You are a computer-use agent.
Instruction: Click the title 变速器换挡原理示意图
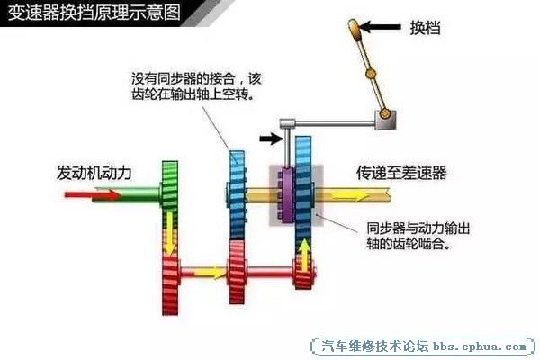coord(94,13)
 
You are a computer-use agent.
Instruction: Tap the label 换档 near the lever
coord(425,27)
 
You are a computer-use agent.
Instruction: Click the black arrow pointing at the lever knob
coord(380,26)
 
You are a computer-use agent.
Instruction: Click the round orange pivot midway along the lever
coord(371,74)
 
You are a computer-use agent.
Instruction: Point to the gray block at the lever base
coord(385,120)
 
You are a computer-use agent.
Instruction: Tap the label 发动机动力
coord(94,173)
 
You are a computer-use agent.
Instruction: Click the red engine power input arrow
coord(92,195)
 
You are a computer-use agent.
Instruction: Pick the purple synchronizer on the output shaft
coord(286,195)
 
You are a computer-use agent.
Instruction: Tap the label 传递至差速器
coord(401,173)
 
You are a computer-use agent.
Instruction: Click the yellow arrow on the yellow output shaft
coord(349,197)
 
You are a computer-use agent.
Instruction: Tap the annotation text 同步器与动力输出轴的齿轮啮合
coord(418,237)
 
